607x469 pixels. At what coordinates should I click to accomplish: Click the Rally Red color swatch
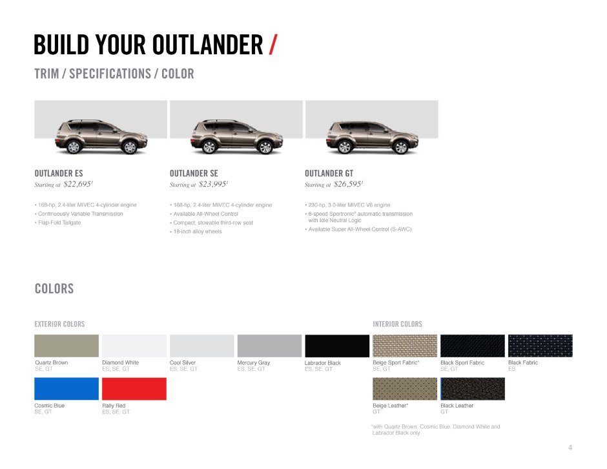coord(134,388)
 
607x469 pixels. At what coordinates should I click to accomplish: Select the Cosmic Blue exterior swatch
coord(67,388)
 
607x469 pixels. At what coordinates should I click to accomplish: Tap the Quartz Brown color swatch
coord(67,346)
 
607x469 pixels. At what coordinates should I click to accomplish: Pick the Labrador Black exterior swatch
coord(337,346)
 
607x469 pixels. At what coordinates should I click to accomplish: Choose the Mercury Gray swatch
coord(269,346)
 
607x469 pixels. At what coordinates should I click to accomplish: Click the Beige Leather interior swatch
coord(405,388)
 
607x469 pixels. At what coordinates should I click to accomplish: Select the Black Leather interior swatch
coord(473,388)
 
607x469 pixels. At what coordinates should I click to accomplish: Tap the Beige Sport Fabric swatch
coord(405,346)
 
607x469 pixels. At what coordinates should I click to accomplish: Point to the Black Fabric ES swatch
coord(540,346)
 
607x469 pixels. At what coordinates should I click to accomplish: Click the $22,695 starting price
coord(77,184)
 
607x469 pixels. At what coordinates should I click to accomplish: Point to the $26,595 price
coord(348,184)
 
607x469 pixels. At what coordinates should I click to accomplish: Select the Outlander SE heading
coord(194,173)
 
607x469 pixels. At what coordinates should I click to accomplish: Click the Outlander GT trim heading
coord(329,173)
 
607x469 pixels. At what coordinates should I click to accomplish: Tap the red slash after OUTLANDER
coord(273,45)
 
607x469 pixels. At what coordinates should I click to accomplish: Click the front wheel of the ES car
coord(130,147)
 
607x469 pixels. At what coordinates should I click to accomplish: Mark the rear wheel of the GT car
coord(344,147)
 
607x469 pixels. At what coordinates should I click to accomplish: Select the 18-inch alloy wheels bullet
coord(196,232)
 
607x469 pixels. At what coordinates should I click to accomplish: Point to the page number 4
coord(570,448)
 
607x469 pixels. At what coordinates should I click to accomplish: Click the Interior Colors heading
coord(398,324)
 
